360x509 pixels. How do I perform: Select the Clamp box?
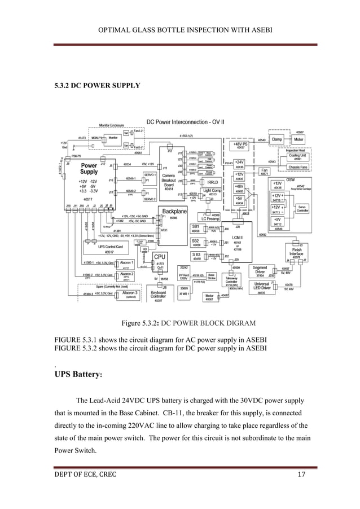pyautogui.click(x=277, y=139)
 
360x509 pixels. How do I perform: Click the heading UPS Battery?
pyautogui.click(x=78, y=374)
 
